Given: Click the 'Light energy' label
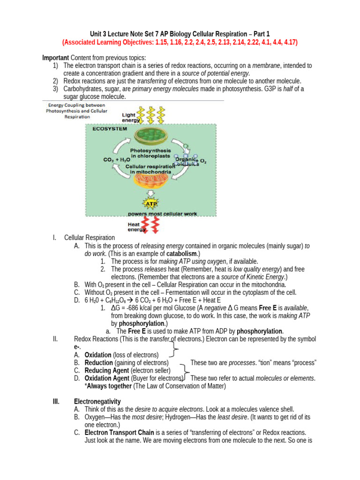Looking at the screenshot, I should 130,118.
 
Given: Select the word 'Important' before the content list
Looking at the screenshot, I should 56,58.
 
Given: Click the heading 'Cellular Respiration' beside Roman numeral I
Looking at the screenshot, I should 90,238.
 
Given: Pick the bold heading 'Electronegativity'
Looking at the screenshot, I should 97,401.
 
